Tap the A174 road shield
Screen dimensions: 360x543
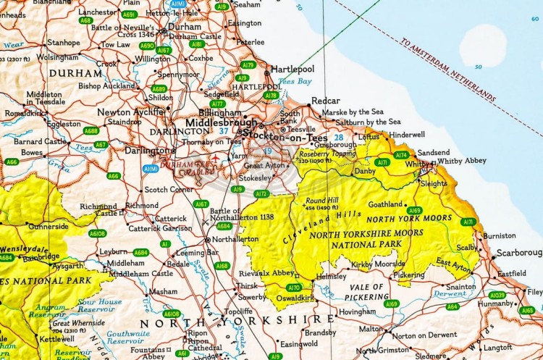(x=402, y=155)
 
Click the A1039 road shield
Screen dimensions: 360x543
(x=497, y=295)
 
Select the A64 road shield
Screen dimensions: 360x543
(x=452, y=306)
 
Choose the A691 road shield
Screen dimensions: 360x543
(x=129, y=14)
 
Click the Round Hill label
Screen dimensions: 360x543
(x=322, y=200)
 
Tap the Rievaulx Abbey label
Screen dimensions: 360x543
(x=273, y=272)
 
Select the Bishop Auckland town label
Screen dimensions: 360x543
(x=108, y=85)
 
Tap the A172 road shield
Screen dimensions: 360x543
(x=261, y=193)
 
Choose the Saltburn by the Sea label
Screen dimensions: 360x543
(x=366, y=122)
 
